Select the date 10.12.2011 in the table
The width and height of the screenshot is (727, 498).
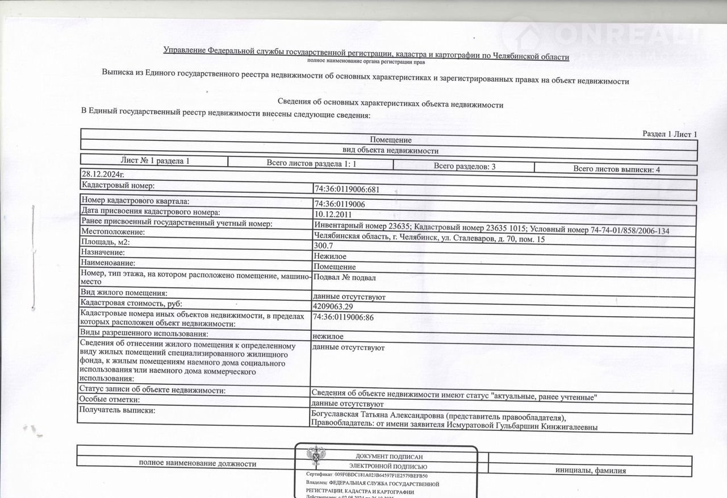point(333,214)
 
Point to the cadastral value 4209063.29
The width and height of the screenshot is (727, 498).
point(337,306)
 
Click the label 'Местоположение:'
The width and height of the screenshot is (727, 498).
point(113,232)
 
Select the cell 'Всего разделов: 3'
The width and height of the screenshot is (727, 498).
point(465,166)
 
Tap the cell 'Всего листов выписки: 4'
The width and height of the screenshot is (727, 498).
point(616,169)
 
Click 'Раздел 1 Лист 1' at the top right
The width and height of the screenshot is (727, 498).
point(669,134)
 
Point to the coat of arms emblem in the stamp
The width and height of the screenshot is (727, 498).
point(316,458)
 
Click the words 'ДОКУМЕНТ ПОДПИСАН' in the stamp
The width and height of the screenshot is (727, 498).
point(388,457)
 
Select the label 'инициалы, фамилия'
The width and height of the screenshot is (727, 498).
point(591,470)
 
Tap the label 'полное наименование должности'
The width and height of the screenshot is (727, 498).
point(198,463)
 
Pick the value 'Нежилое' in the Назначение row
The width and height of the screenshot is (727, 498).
point(329,256)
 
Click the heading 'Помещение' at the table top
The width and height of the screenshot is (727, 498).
point(391,140)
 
